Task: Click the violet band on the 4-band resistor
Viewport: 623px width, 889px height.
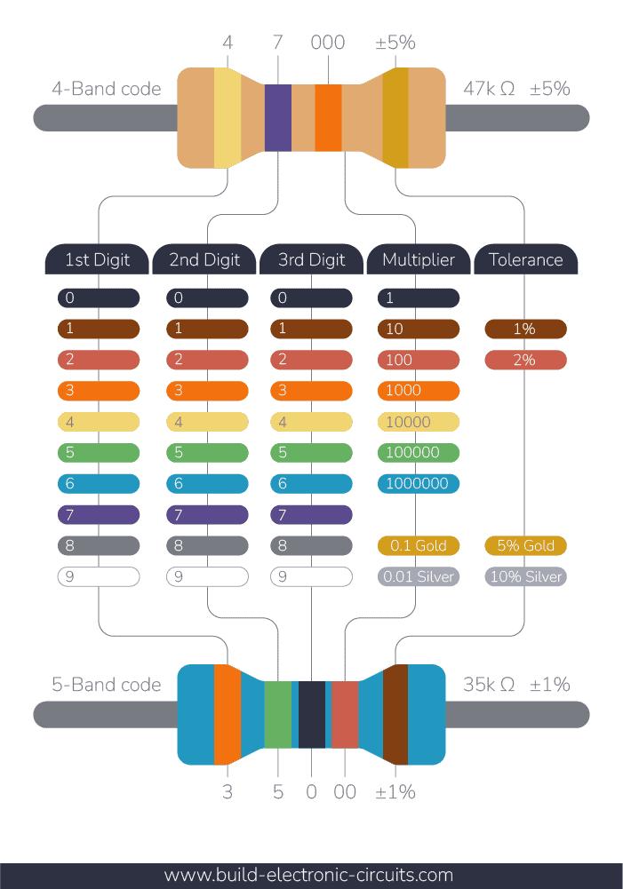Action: tap(278, 117)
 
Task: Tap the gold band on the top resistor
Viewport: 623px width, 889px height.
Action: tap(395, 117)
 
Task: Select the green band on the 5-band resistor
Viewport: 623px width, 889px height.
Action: tap(278, 715)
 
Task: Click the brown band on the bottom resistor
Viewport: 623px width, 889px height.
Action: tap(395, 715)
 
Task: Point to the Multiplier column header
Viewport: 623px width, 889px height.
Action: tap(419, 260)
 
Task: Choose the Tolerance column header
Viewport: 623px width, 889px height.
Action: tap(526, 260)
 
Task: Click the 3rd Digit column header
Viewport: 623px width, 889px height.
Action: tap(311, 260)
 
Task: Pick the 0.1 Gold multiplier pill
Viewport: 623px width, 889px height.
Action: tap(419, 545)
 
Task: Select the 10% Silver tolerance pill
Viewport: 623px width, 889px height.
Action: tap(526, 576)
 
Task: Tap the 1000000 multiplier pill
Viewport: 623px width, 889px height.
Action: tap(419, 484)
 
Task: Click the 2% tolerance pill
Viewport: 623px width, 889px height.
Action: tap(526, 360)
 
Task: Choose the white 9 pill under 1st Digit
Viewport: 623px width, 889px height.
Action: tap(99, 576)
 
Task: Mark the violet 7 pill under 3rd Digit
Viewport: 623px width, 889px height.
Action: tap(311, 515)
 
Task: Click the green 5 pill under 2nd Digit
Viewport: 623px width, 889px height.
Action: tap(207, 453)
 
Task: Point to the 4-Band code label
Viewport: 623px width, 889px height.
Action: tap(107, 89)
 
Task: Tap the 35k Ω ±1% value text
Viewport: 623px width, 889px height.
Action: tap(516, 685)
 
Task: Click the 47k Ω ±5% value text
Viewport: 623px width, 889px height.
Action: tap(516, 89)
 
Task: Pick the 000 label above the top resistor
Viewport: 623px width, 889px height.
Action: tap(328, 43)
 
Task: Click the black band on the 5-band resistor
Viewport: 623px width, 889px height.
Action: tap(311, 715)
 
